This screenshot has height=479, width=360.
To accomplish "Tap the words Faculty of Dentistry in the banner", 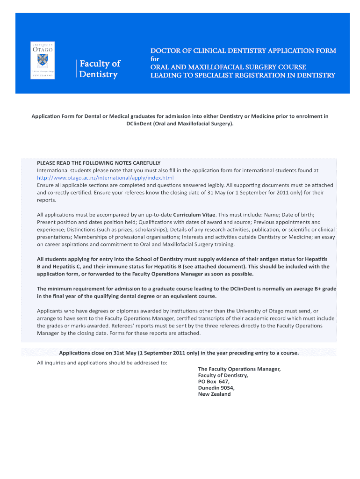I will pos(100,69).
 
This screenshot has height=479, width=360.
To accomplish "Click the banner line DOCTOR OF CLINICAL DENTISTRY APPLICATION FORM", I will pos(243,51).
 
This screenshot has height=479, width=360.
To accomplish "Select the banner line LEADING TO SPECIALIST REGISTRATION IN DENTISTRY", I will pos(242,75).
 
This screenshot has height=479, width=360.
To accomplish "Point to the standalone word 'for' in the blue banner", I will pos(154,59).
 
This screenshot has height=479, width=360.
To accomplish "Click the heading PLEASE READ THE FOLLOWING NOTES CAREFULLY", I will pos(99,163).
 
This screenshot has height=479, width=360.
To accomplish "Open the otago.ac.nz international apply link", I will pos(105,178).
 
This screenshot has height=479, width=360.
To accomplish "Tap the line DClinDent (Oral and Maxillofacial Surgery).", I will pos(180,124).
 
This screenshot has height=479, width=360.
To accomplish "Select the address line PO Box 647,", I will pos(214,381).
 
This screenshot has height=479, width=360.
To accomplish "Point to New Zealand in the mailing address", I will pos(214,394).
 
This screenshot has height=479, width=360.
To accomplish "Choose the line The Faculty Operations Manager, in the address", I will pos(239,369).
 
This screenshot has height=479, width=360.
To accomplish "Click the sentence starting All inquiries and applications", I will pos(102,363).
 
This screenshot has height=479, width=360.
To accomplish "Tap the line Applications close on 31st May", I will pos(179,353).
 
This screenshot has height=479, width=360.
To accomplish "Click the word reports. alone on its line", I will pos(46,200).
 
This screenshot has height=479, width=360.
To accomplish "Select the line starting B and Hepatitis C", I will pos(183,266).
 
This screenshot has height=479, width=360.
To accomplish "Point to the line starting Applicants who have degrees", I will pos(178,311).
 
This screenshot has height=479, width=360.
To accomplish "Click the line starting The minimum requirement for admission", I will pos(187,289).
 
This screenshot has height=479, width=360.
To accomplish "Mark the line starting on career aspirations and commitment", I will pos(136,244).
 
